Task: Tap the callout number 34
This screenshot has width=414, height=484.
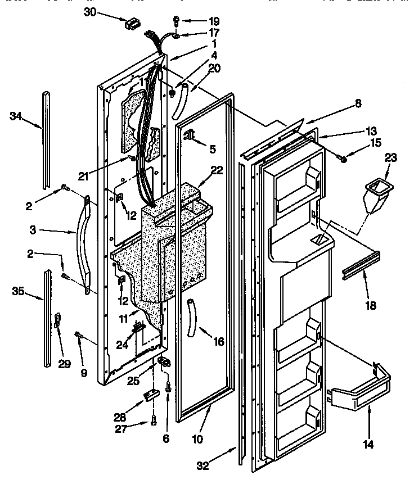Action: (x=16, y=116)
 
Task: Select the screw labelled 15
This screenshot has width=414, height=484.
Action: (x=341, y=160)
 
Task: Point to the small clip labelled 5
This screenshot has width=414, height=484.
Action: (x=189, y=134)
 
